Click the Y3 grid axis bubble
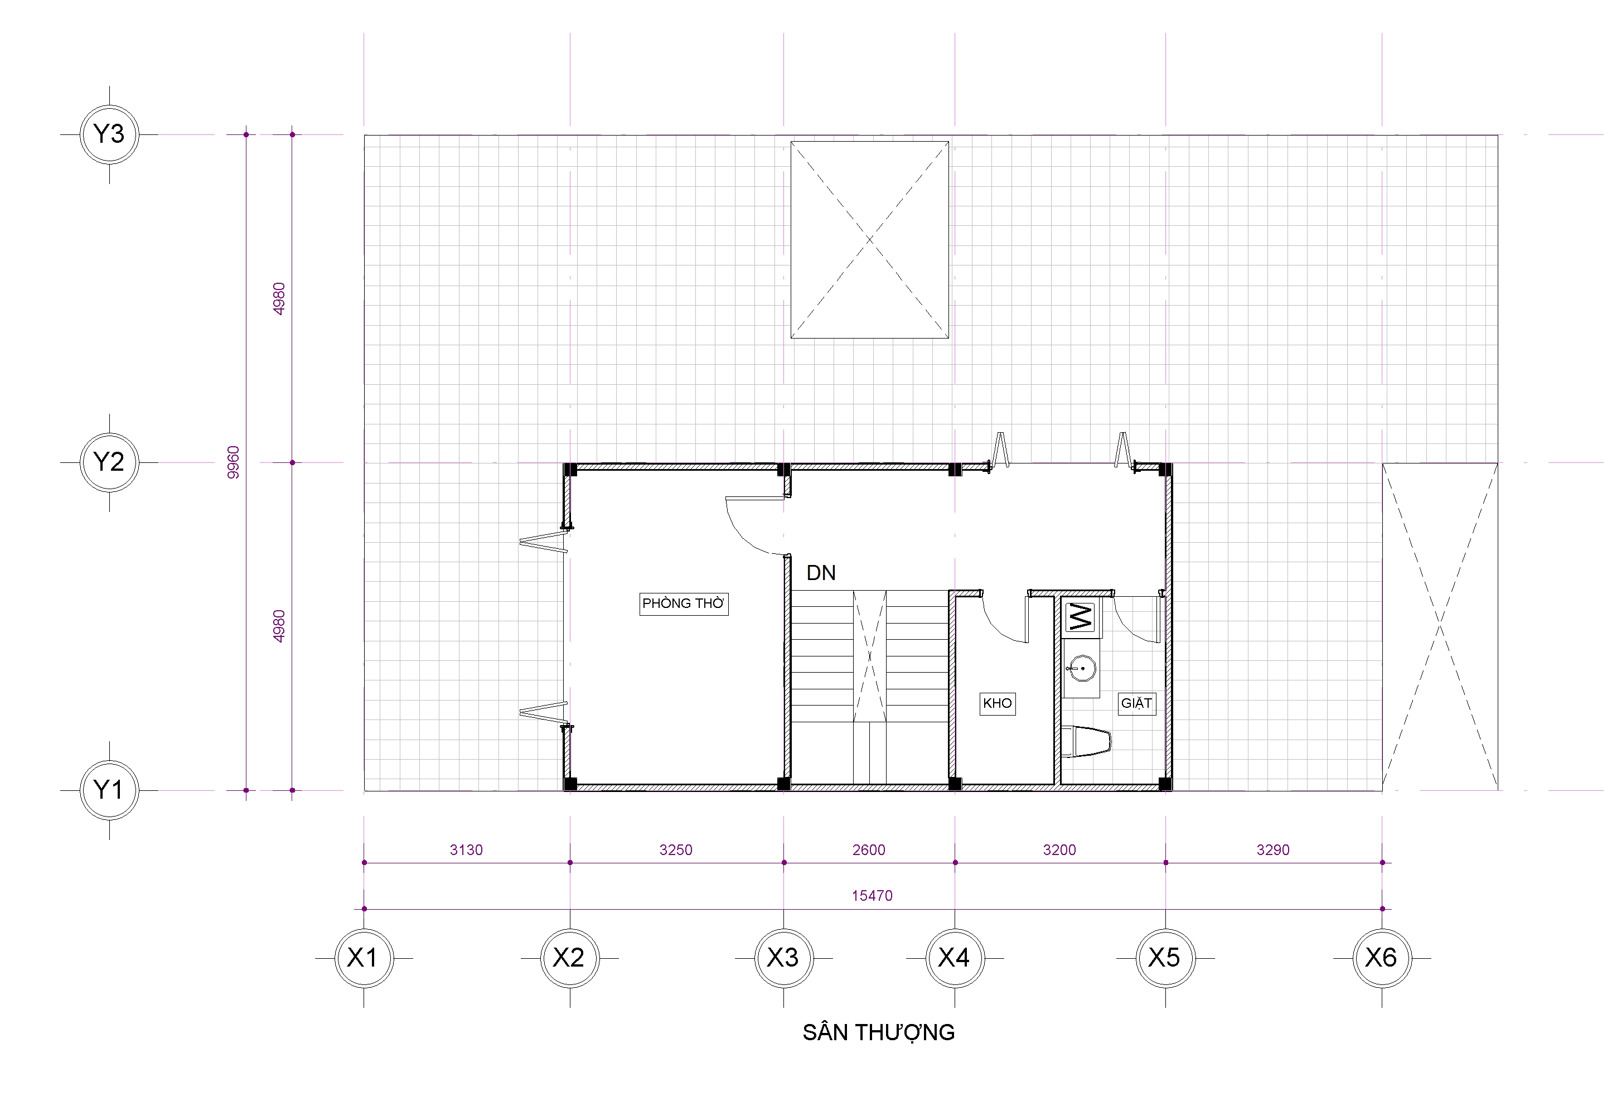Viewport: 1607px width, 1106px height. (109, 134)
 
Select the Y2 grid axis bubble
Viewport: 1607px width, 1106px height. (109, 462)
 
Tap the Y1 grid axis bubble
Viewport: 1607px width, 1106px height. (109, 790)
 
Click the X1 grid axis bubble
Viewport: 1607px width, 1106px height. (364, 958)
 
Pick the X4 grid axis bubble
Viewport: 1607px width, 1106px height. (955, 958)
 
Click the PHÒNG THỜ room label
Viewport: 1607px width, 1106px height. (684, 603)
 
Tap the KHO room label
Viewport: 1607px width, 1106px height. (998, 703)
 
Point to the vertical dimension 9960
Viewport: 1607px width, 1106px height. (234, 462)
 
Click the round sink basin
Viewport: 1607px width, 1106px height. (1080, 669)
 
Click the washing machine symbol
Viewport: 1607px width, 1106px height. (1081, 617)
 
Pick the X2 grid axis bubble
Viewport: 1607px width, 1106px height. (570, 958)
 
